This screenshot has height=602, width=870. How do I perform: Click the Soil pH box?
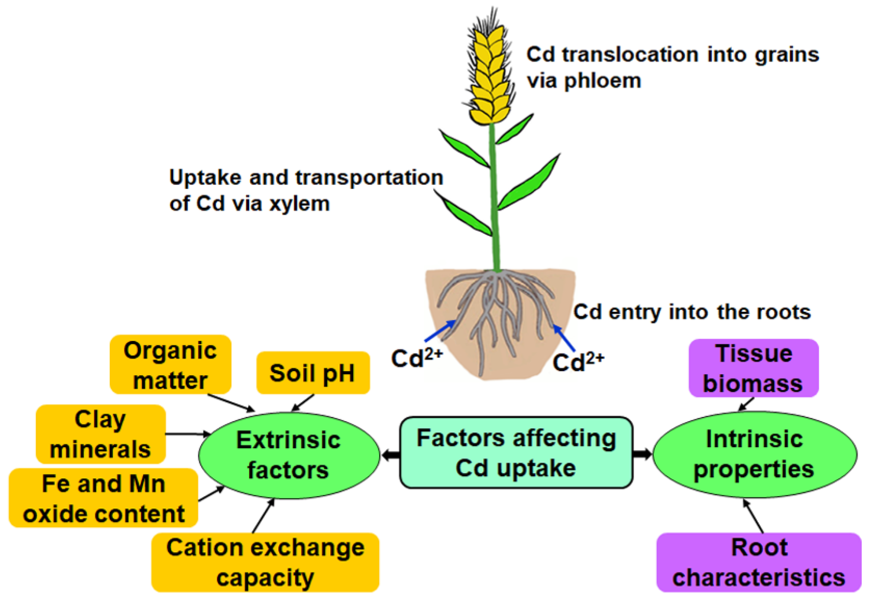(313, 373)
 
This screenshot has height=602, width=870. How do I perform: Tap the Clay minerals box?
(100, 434)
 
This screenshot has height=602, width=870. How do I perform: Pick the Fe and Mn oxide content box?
(103, 498)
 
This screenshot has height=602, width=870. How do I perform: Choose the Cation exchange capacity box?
(265, 562)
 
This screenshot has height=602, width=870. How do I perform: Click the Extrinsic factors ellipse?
(288, 455)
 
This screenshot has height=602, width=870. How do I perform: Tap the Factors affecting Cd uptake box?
(516, 452)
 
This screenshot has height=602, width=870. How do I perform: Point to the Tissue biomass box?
(753, 368)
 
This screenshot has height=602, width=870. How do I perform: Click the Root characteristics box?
(759, 562)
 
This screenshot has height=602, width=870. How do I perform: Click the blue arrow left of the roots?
(440, 331)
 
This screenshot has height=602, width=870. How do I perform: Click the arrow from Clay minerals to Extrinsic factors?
(187, 434)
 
